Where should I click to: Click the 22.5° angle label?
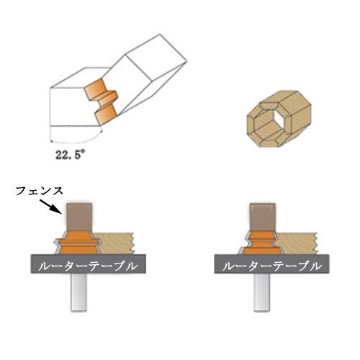70,154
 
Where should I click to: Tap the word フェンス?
40,191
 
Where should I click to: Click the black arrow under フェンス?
50,206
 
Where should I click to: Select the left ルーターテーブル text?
88,266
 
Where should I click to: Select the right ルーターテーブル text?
272,266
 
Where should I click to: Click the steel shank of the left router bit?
78,292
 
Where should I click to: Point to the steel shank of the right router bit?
262,292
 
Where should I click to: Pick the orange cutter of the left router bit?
78,243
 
